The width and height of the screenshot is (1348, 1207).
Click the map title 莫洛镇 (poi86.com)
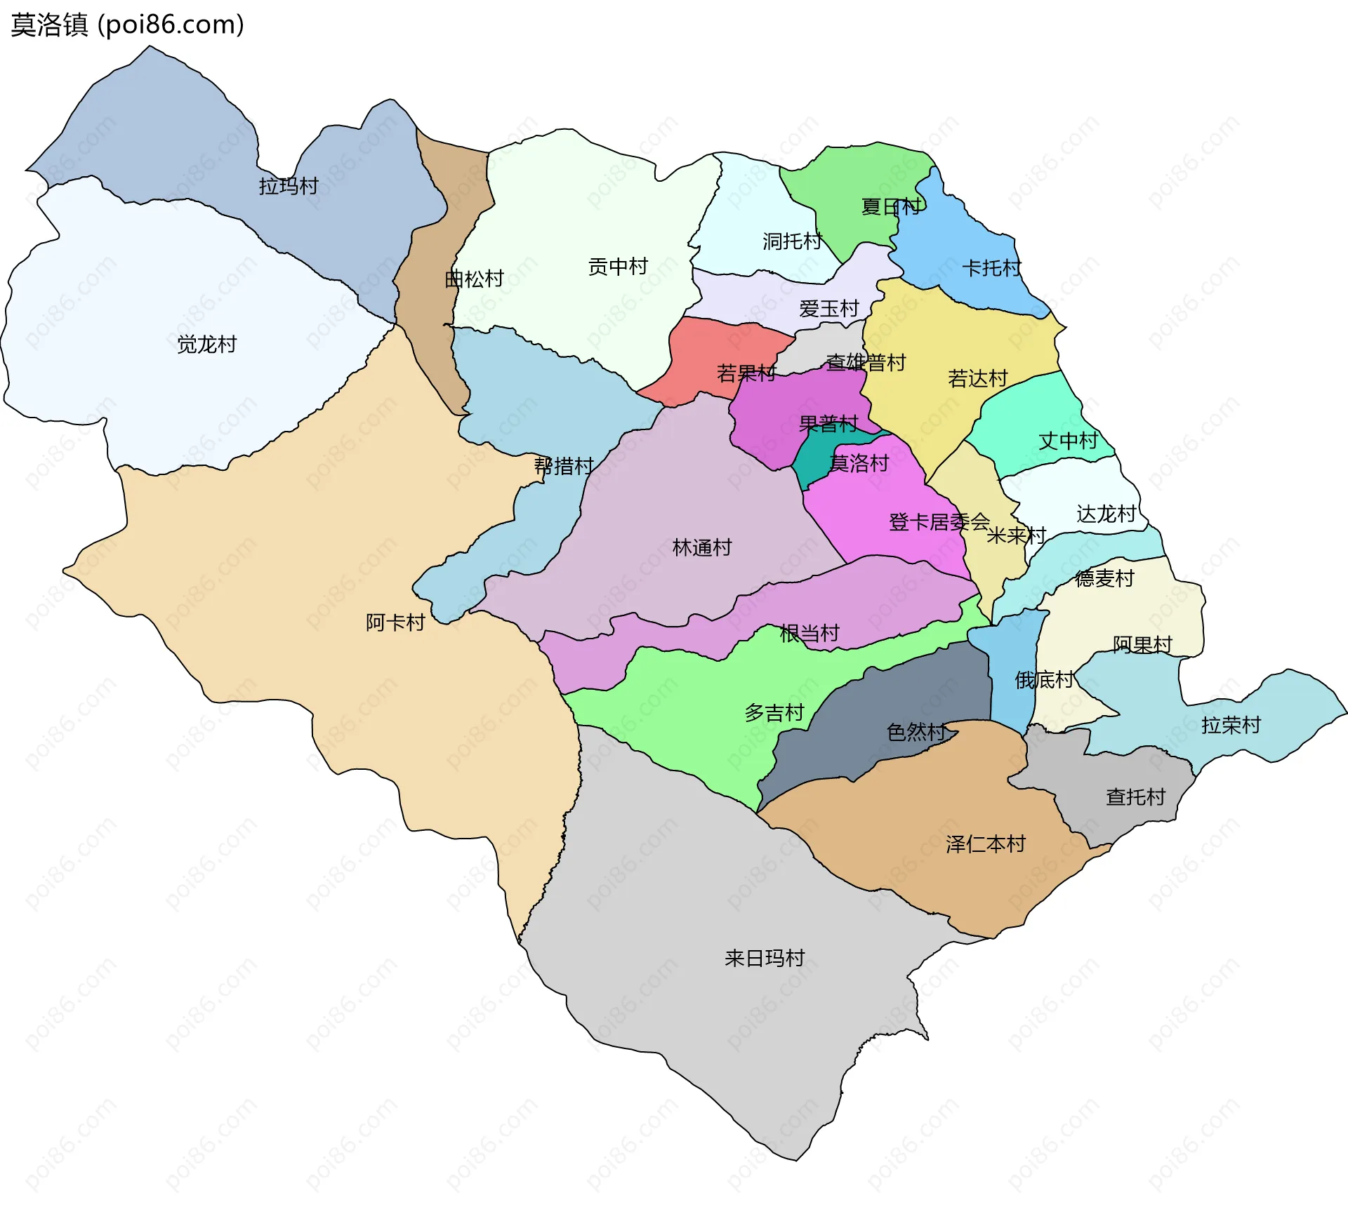tap(127, 25)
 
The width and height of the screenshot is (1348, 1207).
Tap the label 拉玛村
tap(289, 186)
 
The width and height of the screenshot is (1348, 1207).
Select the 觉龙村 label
tap(206, 345)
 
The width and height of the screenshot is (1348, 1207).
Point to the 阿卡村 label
tap(395, 622)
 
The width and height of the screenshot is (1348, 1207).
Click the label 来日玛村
tap(764, 958)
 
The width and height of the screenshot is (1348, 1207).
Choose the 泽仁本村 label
tap(985, 844)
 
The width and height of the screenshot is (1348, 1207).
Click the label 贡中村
tap(618, 267)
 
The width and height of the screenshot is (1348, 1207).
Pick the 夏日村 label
tap(890, 207)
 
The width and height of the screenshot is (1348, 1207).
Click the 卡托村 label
tap(991, 268)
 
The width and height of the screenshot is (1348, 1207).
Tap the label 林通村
tap(702, 547)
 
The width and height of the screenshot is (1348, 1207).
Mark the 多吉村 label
tap(774, 713)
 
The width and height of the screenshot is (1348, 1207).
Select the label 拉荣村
tap(1231, 725)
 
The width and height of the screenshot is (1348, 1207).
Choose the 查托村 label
tap(1135, 797)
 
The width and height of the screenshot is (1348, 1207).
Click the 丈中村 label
tap(1068, 441)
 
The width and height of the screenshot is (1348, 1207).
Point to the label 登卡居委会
tap(939, 522)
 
